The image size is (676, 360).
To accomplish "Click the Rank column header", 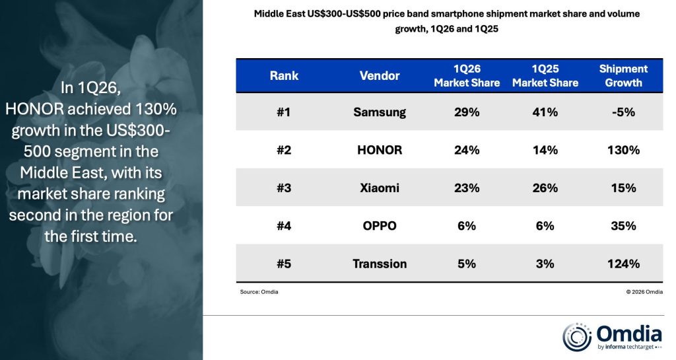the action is click(284, 76).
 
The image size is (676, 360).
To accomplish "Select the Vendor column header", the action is click(380, 76).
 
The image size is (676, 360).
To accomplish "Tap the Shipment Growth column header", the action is click(623, 76).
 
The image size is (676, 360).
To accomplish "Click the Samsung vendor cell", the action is click(380, 112).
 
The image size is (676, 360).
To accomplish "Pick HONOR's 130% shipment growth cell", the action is click(623, 150).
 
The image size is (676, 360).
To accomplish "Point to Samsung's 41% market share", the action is click(545, 112).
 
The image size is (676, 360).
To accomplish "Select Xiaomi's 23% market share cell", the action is click(467, 188).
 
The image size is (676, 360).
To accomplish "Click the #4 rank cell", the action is click(284, 226).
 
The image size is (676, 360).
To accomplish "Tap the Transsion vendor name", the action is click(380, 264).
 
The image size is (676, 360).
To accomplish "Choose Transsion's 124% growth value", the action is click(623, 264).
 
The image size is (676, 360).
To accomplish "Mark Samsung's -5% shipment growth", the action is click(623, 112).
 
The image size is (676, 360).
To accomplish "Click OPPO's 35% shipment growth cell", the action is click(623, 226).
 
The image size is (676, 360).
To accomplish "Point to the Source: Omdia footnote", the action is click(259, 292).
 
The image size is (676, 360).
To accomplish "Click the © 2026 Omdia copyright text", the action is click(644, 292).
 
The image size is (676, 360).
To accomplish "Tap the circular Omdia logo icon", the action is click(577, 337).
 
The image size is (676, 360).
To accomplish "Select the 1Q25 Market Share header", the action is click(545, 76).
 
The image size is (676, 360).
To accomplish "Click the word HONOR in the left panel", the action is click(35, 109).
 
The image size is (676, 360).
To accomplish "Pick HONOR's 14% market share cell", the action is click(545, 150).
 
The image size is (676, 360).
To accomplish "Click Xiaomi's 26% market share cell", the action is click(545, 188).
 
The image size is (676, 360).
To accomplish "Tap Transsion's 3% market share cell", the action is click(545, 264).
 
